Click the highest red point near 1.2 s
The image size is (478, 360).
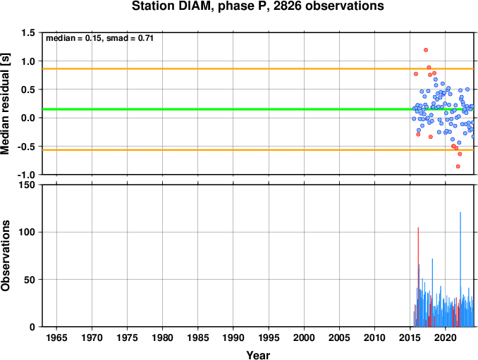(x=426, y=50)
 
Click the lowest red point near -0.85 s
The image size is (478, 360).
(x=458, y=166)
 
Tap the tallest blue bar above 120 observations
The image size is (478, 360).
(x=460, y=269)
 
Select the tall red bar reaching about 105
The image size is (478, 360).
(x=418, y=277)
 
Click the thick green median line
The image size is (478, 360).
(x=258, y=109)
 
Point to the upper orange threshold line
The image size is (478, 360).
(x=258, y=69)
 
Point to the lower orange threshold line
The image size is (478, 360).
(x=258, y=150)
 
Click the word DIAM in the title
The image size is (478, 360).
(x=194, y=6)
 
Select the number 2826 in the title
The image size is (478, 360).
(x=286, y=6)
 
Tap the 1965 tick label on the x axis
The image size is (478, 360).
(x=56, y=337)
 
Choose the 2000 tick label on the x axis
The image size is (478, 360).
(x=304, y=337)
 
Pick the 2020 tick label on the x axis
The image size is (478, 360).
(x=446, y=337)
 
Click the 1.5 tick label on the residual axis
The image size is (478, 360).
(x=28, y=32)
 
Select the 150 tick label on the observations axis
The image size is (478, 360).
(x=27, y=185)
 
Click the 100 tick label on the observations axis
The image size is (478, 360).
(x=27, y=232)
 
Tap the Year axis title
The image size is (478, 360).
(x=258, y=355)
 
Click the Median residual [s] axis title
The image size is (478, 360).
(x=5, y=104)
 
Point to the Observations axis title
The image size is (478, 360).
(x=5, y=256)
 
